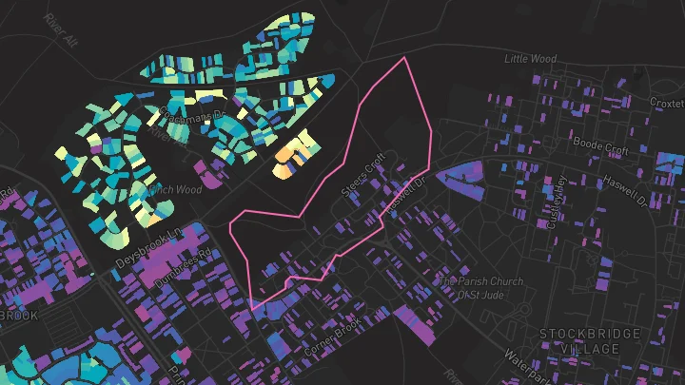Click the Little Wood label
(530, 59)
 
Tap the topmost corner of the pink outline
(406, 58)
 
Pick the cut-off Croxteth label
(666, 102)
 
